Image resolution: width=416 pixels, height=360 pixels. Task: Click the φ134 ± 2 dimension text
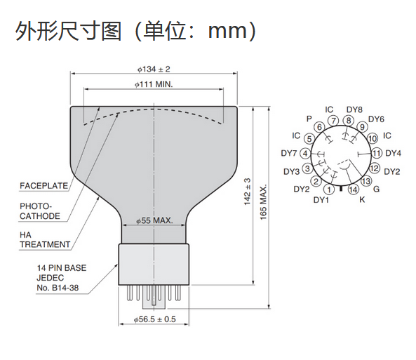(154, 69)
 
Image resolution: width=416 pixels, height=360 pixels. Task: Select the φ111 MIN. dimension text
(154, 84)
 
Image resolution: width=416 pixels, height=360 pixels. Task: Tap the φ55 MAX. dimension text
(154, 220)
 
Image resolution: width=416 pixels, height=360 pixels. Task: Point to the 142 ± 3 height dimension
(247, 192)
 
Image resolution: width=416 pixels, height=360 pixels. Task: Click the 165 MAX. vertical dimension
(263, 202)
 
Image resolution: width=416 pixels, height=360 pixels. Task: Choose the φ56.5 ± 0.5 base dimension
(154, 319)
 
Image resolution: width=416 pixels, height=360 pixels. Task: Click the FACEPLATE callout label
(43, 185)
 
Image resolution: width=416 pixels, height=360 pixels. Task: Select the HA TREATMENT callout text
(45, 239)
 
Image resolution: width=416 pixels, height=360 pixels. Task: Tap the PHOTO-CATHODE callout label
(40, 211)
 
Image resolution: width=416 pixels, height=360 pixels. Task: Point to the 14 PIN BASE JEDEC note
(62, 278)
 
